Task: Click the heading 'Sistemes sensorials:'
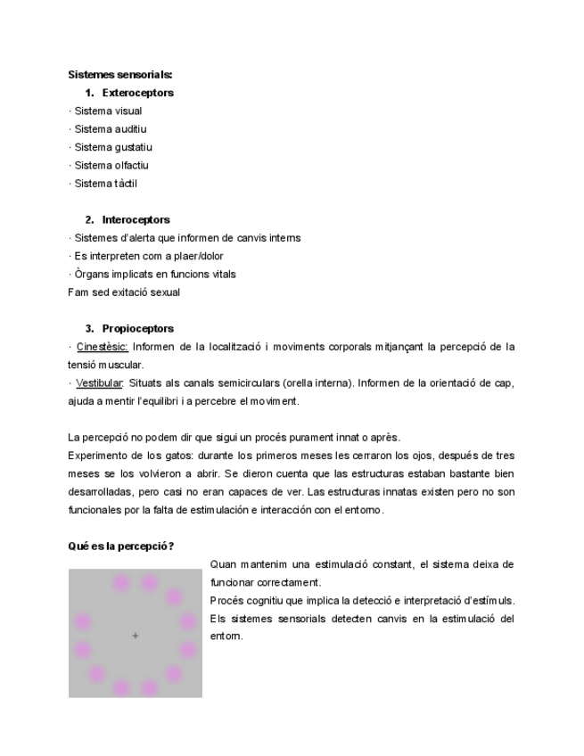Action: point(120,75)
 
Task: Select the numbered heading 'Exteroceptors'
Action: point(137,93)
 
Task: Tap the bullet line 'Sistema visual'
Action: point(108,111)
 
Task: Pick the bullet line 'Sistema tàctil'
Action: point(105,184)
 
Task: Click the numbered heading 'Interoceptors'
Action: point(136,220)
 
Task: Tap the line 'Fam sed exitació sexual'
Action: point(124,292)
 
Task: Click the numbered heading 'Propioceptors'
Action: point(137,329)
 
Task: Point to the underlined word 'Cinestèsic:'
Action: point(103,347)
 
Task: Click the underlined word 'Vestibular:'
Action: point(100,383)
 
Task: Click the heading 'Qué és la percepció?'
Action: point(121,546)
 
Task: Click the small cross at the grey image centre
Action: point(136,636)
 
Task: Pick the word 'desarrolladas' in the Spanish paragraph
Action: point(100,492)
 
